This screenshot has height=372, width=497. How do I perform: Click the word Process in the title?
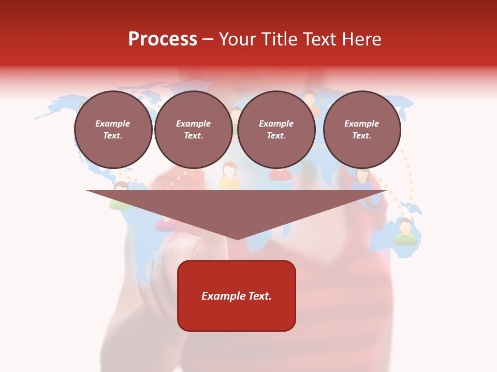click(163, 39)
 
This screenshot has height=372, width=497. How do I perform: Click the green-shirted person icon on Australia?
click(405, 231)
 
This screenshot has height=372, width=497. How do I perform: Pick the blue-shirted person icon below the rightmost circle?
click(362, 178)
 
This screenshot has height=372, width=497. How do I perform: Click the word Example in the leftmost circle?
click(113, 123)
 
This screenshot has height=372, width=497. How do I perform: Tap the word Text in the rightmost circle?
click(361, 136)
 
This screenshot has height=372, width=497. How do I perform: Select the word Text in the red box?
click(259, 296)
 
